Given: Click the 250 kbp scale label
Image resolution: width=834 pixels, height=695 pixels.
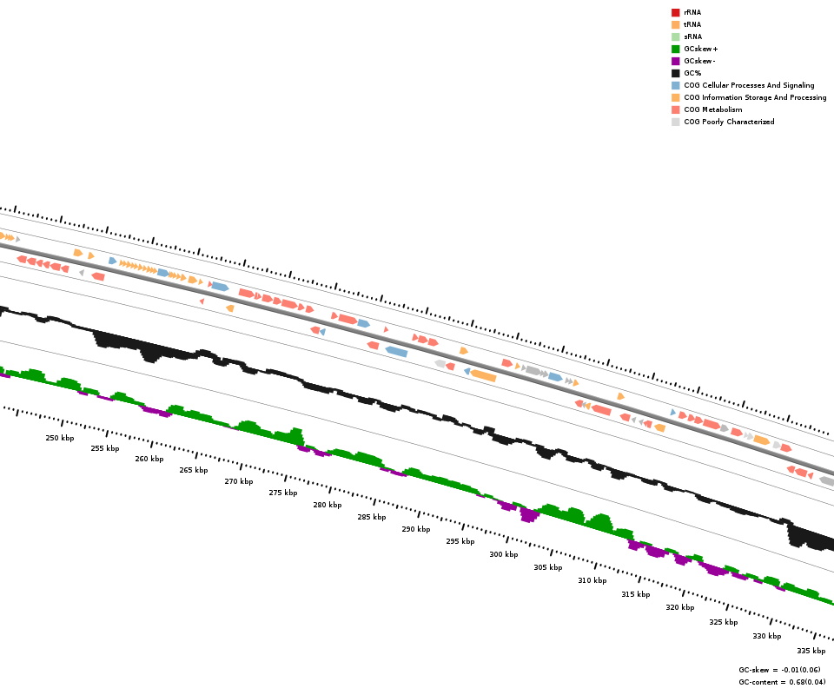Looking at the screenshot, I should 60,438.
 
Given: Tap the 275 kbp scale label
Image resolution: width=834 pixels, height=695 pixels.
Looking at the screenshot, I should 283,493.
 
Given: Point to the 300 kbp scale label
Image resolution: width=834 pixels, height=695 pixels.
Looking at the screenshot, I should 503,554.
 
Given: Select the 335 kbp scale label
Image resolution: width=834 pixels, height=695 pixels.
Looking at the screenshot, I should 811,651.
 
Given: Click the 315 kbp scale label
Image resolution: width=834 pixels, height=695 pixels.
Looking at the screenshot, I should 635,594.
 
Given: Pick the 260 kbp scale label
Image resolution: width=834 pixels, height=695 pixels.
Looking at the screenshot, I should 149,459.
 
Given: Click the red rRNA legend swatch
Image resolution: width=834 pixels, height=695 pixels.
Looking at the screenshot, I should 675,12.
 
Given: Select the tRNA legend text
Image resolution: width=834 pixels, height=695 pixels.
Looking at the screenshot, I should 692,24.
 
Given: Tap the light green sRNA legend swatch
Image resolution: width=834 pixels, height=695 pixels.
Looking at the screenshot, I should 675,36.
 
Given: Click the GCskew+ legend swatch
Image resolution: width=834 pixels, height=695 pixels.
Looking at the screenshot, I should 675,49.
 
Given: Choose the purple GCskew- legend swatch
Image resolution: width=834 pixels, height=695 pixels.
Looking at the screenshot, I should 675,61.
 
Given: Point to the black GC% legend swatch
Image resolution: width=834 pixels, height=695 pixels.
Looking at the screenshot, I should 675,73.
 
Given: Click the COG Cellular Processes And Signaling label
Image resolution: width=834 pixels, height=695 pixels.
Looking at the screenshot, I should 749,85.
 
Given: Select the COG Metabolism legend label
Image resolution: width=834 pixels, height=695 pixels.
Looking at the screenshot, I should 712,109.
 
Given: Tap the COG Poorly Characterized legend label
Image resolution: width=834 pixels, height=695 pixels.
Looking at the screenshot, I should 729,122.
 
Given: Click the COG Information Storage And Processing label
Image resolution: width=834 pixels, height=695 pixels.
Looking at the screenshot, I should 755,97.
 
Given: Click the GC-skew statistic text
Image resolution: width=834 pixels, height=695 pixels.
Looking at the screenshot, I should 782,670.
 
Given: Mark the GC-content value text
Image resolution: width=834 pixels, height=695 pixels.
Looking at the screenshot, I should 782,682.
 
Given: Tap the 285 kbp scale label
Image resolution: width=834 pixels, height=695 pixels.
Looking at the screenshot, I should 371,517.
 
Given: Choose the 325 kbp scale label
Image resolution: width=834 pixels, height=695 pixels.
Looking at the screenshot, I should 723,622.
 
